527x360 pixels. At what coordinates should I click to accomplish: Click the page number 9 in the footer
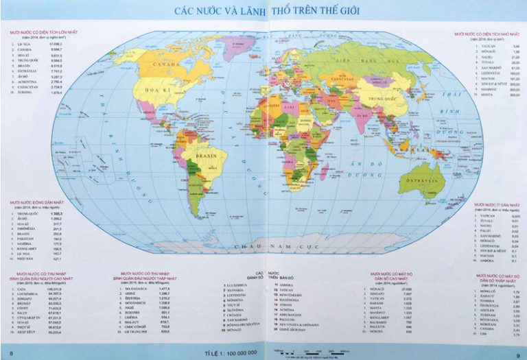tap(518, 352)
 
